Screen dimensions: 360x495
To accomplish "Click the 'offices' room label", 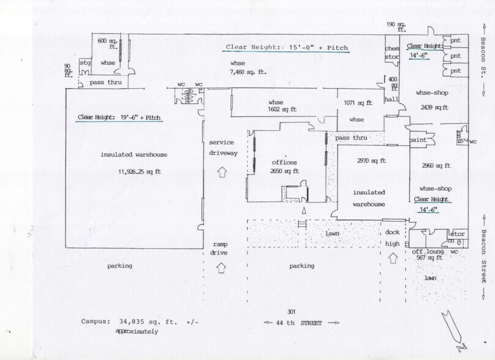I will pos(284,162).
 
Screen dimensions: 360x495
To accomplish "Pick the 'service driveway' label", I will pos(221,147).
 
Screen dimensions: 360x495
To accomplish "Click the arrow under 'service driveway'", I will pos(221,172).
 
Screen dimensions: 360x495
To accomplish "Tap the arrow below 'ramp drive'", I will pos(221,267).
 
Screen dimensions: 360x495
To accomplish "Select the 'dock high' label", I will pos(392,238).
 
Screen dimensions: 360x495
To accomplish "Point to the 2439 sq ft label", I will pos(433,107).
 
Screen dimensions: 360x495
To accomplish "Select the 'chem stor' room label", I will pos(392,53).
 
